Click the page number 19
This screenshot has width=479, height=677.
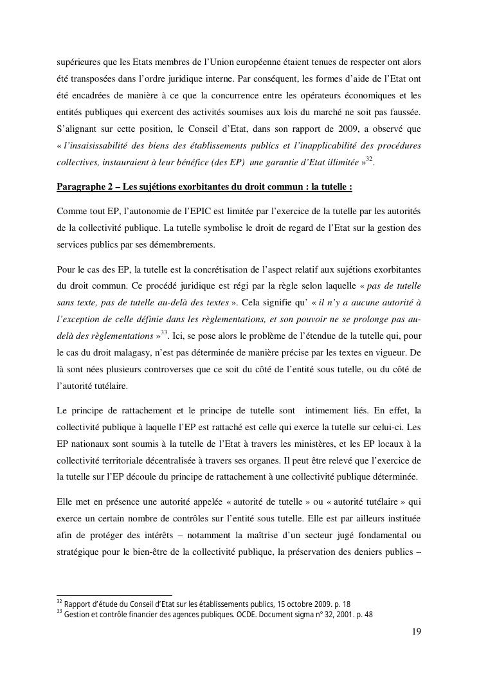pyautogui.click(x=417, y=631)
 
